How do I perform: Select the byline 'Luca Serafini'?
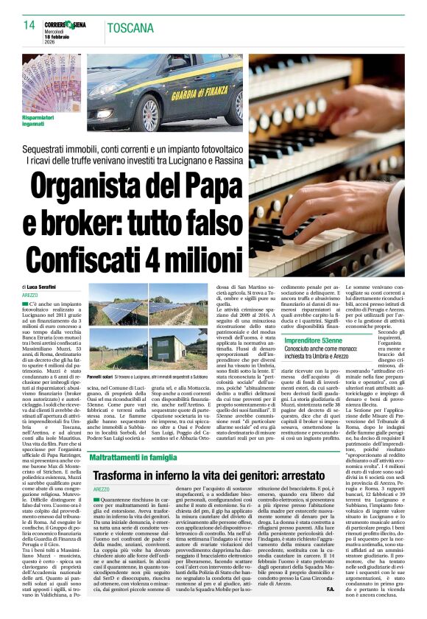(44, 285)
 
